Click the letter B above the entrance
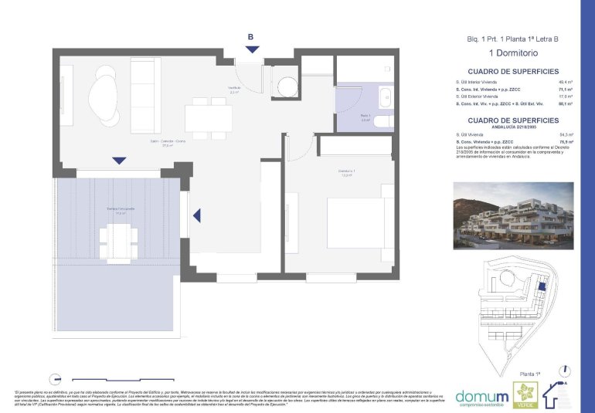pyautogui.click(x=250, y=36)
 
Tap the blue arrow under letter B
pyautogui.click(x=252, y=49)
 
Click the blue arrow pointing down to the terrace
pyautogui.click(x=118, y=161)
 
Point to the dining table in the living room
pyautogui.click(x=208, y=117)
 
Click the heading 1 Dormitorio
pyautogui.click(x=514, y=53)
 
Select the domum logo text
pyautogui.click(x=482, y=395)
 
